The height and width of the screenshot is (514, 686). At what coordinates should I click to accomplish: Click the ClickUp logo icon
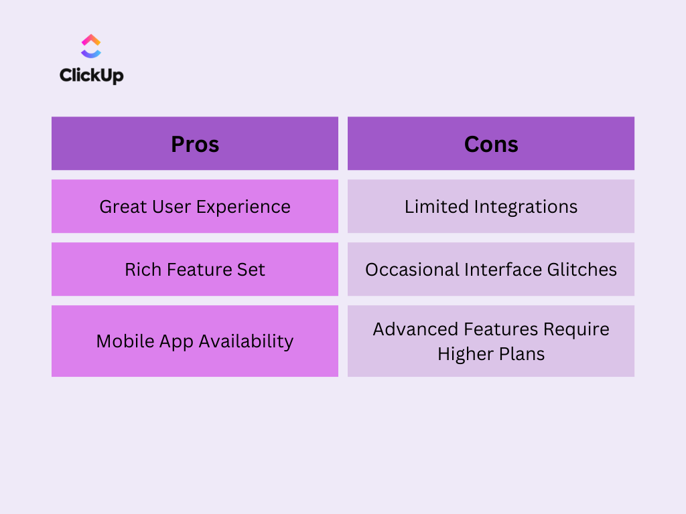91,46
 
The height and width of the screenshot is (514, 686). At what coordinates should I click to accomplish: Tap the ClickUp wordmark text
91,76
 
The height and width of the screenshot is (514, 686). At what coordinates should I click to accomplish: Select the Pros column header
195,145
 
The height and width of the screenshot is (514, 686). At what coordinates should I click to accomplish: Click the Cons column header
491,145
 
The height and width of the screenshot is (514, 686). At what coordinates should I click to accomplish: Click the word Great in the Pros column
123,207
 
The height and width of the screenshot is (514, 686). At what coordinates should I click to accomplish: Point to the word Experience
243,207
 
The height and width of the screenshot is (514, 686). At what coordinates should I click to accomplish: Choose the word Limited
436,206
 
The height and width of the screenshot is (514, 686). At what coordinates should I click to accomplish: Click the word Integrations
526,207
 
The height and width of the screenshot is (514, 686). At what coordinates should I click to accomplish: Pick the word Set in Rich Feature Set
251,270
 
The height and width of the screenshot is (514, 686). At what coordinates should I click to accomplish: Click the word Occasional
412,270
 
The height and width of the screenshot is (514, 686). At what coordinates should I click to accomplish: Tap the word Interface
503,270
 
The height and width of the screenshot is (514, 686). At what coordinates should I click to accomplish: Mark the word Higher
466,355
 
